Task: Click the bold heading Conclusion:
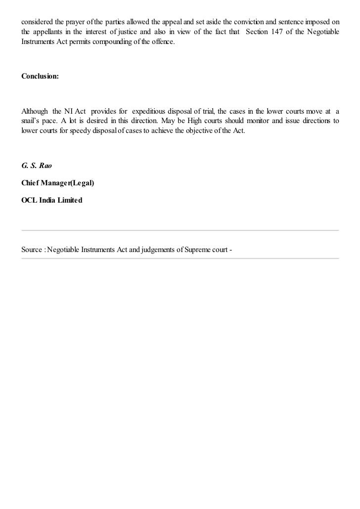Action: (x=40, y=77)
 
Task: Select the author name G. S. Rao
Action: (x=37, y=166)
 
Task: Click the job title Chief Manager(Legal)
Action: (x=58, y=183)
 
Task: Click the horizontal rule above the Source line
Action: (x=180, y=230)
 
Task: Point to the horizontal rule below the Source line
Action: (x=180, y=258)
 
